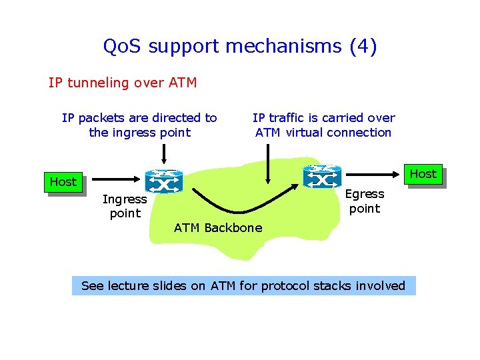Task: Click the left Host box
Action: point(63,182)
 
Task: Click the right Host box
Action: point(423,175)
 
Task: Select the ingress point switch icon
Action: point(163,181)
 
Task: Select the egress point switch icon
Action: point(322,176)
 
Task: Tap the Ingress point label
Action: point(125,206)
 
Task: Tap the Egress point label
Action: point(365,201)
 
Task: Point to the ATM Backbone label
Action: point(218,228)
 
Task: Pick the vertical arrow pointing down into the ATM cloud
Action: point(268,163)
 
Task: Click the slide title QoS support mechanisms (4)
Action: point(240,47)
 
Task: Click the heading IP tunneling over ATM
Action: point(123,83)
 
